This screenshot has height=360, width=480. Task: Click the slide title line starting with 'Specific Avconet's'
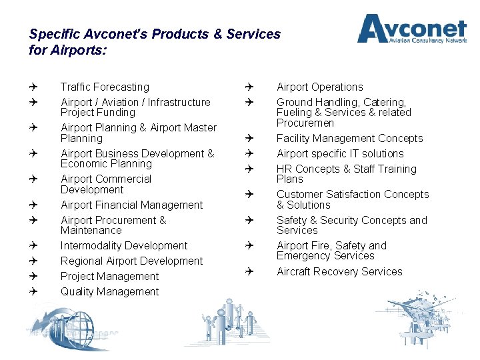155,33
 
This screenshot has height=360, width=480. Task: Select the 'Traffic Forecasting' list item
105,87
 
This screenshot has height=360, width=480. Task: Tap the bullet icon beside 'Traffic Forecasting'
33,87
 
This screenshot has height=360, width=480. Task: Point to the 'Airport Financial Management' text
131,205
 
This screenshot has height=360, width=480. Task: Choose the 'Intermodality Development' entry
124,245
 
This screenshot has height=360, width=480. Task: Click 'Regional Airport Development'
131,261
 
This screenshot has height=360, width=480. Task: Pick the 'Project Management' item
109,276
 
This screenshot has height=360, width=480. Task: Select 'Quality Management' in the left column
109,291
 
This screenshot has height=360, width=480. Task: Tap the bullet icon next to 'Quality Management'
33,291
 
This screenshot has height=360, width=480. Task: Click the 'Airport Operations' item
319,87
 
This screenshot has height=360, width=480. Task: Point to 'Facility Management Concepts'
349,138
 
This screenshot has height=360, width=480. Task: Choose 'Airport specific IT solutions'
340,153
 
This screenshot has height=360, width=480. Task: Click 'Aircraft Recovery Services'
339,271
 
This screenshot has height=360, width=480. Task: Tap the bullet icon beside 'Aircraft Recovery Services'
247,271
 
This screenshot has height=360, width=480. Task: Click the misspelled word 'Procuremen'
305,123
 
